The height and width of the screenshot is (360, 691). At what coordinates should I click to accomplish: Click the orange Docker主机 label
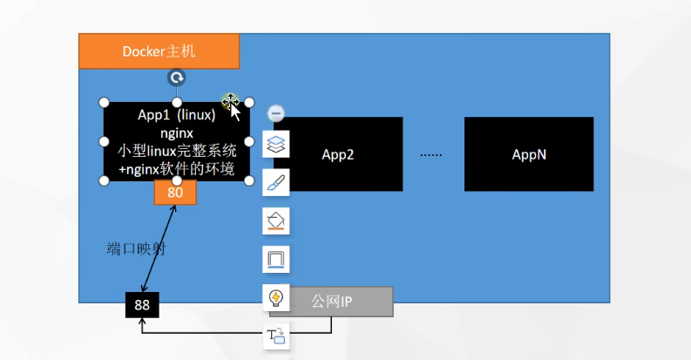(159, 51)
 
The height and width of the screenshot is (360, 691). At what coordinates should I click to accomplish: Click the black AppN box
(528, 154)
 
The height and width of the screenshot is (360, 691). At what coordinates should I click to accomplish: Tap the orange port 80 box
(175, 193)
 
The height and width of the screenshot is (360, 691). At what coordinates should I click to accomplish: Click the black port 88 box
(142, 305)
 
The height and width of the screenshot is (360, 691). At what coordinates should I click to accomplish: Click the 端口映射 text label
(136, 249)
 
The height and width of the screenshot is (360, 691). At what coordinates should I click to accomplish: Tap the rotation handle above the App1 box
(177, 78)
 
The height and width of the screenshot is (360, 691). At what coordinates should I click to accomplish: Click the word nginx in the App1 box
(177, 132)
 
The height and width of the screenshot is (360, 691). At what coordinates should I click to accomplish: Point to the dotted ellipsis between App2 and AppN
(431, 155)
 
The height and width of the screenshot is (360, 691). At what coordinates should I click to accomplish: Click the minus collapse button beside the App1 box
(275, 113)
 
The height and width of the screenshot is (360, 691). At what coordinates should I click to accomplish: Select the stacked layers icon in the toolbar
(275, 143)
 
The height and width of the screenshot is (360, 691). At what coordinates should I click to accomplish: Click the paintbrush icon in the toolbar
(275, 181)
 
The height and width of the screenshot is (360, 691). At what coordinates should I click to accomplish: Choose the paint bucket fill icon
(275, 221)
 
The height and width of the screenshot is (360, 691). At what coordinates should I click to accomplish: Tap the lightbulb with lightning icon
(275, 297)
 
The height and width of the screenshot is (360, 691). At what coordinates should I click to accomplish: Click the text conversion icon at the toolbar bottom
(275, 336)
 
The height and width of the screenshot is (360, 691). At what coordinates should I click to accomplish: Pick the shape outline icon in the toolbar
(275, 259)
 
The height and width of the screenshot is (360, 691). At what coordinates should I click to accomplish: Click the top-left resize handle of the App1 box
(104, 102)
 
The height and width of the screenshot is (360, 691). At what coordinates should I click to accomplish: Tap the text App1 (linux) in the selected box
(177, 115)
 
